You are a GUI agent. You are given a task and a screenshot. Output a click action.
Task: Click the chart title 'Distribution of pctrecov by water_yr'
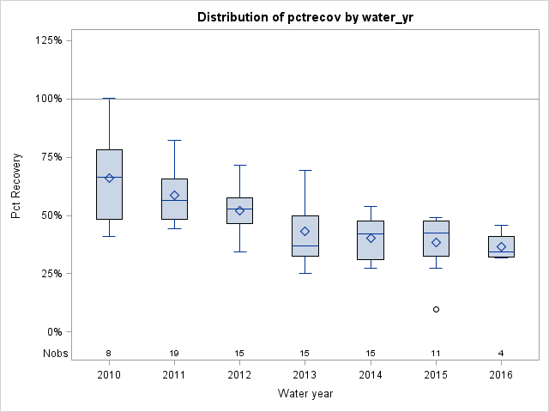click(x=305, y=17)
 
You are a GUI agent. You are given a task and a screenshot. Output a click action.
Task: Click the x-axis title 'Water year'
click(x=305, y=393)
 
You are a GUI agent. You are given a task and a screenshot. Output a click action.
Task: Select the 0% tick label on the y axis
click(x=53, y=332)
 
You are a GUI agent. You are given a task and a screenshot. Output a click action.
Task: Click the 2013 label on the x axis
click(x=305, y=375)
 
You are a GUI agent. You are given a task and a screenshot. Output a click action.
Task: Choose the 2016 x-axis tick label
click(x=501, y=375)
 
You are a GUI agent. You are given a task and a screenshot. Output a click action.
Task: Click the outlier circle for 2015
click(x=436, y=309)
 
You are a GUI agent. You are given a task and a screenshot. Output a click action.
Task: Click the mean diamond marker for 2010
click(x=109, y=178)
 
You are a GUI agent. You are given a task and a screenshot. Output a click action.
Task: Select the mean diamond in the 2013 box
click(x=305, y=231)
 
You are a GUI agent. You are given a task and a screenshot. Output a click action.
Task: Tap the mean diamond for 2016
click(x=501, y=246)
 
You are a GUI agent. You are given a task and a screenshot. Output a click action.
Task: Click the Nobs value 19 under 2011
click(x=174, y=353)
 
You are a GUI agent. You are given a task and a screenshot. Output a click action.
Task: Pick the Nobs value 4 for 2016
click(x=501, y=353)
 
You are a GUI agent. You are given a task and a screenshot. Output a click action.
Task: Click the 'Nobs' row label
click(x=53, y=353)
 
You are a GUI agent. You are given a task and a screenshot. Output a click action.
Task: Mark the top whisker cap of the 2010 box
click(x=109, y=99)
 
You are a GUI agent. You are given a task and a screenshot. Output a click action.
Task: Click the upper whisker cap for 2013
click(x=305, y=170)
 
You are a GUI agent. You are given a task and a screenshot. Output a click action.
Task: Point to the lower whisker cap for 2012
click(x=239, y=251)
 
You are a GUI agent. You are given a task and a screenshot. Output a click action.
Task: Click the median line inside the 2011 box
click(x=174, y=200)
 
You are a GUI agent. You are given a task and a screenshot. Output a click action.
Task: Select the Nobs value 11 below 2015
click(x=436, y=353)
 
